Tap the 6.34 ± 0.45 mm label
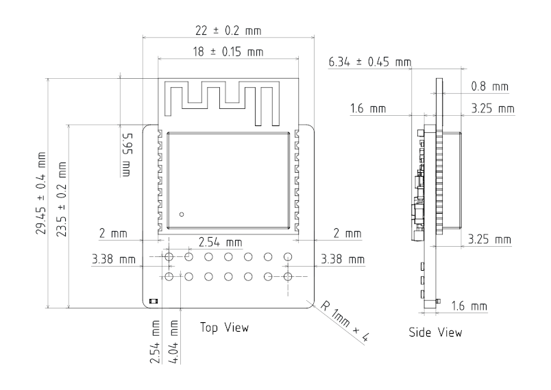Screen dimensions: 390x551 (369, 63)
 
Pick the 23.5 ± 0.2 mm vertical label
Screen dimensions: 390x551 (63, 198)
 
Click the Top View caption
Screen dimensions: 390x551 (224, 328)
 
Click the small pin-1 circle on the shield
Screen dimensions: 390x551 (182, 215)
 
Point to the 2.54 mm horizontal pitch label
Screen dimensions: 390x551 (219, 243)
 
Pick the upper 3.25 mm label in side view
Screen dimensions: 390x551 (492, 109)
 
